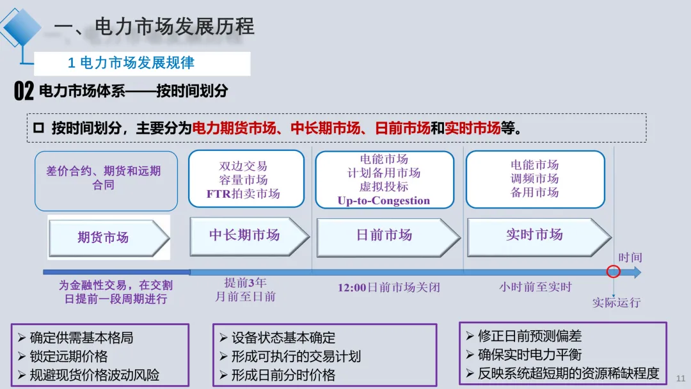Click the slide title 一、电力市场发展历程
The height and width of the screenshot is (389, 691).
(x=154, y=26)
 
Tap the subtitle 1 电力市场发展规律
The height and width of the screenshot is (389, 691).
(x=131, y=63)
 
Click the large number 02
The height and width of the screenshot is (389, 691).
(x=24, y=91)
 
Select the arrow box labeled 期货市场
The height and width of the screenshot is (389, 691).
(x=106, y=237)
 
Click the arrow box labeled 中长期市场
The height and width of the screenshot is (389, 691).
(x=246, y=235)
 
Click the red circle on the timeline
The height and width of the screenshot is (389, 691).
(x=613, y=271)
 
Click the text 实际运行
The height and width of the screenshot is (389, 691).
(x=616, y=303)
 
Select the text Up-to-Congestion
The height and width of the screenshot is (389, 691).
(x=384, y=201)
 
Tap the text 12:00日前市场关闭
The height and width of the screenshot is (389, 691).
(x=388, y=287)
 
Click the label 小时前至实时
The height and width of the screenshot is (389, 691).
(x=535, y=287)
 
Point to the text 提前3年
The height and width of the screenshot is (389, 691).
(x=245, y=282)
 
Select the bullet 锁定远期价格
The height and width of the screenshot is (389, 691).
(x=68, y=356)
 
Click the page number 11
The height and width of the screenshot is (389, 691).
(x=680, y=379)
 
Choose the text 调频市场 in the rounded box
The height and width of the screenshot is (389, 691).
(x=534, y=179)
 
